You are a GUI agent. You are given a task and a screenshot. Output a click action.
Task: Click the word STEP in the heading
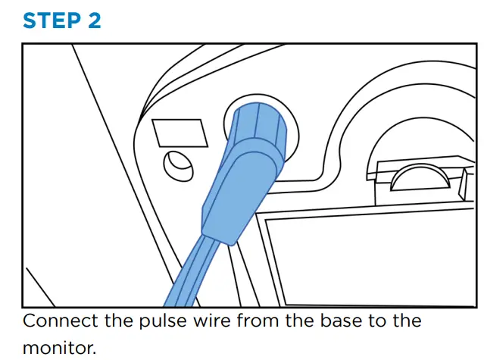pyautogui.click(x=52, y=20)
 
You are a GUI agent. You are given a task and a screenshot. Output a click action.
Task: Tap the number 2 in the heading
pyautogui.click(x=93, y=20)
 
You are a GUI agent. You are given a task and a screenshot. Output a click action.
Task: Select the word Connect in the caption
pyautogui.click(x=60, y=321)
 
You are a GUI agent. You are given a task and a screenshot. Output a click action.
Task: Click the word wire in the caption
pyautogui.click(x=206, y=321)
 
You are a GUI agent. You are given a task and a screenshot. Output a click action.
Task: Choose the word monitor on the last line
pyautogui.click(x=57, y=348)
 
